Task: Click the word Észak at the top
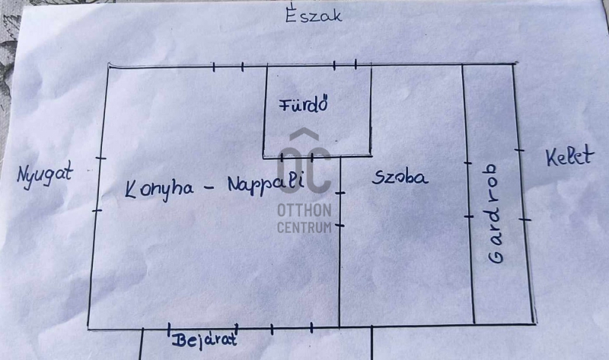(314, 14)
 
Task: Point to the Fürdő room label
(304, 104)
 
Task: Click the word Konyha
(159, 189)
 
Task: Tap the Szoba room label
(400, 177)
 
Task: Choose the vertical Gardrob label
(496, 214)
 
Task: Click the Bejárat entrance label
(205, 339)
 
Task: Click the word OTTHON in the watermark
(304, 210)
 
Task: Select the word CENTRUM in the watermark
(304, 227)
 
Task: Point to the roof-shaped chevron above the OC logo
(304, 134)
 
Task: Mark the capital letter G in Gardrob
(496, 256)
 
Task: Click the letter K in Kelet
(551, 158)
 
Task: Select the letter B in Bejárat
(179, 340)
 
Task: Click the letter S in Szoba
(378, 178)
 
